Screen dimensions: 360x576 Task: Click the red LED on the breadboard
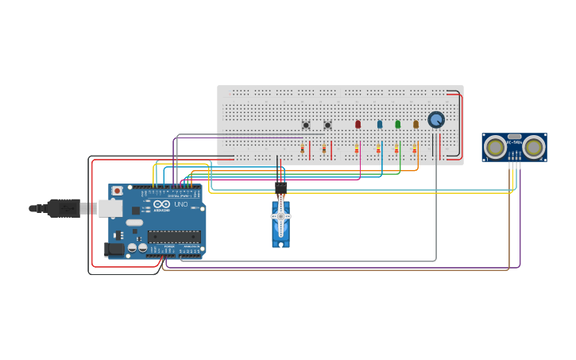[x=358, y=124]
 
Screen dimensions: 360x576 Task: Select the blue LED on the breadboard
[x=380, y=124]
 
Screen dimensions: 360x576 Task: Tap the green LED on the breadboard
[x=398, y=124]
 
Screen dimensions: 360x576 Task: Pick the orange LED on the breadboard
[x=416, y=124]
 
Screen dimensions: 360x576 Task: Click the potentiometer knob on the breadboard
[x=435, y=119]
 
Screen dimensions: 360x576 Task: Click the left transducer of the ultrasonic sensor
[x=495, y=146]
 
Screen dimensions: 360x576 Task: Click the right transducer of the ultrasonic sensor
[x=533, y=146]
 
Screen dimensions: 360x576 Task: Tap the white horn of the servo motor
[x=280, y=216]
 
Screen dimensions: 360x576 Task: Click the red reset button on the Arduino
[x=118, y=191]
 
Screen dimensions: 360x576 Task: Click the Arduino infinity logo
[x=160, y=205]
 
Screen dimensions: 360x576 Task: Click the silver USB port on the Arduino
[x=110, y=208]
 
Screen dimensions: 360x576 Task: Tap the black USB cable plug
[x=64, y=208]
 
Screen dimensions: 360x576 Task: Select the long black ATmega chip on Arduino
[x=174, y=236]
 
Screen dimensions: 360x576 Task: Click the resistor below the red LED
[x=357, y=150]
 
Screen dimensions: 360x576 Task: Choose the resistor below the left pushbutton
[x=303, y=150]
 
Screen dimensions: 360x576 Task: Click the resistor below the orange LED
[x=414, y=150]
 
